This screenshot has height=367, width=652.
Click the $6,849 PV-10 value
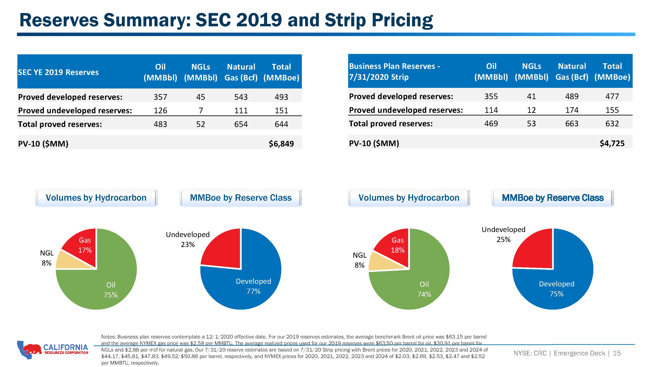(x=281, y=144)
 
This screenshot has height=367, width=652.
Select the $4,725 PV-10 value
(x=612, y=143)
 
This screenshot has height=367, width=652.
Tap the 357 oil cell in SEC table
(x=160, y=97)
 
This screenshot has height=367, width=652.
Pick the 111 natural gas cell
(x=241, y=110)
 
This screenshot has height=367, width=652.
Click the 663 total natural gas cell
(x=572, y=123)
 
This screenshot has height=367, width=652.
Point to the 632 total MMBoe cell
(x=612, y=123)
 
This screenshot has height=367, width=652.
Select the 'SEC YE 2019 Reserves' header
(x=58, y=72)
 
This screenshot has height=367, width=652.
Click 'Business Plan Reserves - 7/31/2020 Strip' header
(x=395, y=72)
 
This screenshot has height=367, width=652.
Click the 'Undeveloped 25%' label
(x=503, y=234)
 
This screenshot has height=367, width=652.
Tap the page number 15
(x=617, y=353)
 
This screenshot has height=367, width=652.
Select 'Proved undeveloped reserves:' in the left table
(x=75, y=111)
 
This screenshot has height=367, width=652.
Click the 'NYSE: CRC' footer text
(x=530, y=353)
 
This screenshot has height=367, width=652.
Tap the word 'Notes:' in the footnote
(x=109, y=337)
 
